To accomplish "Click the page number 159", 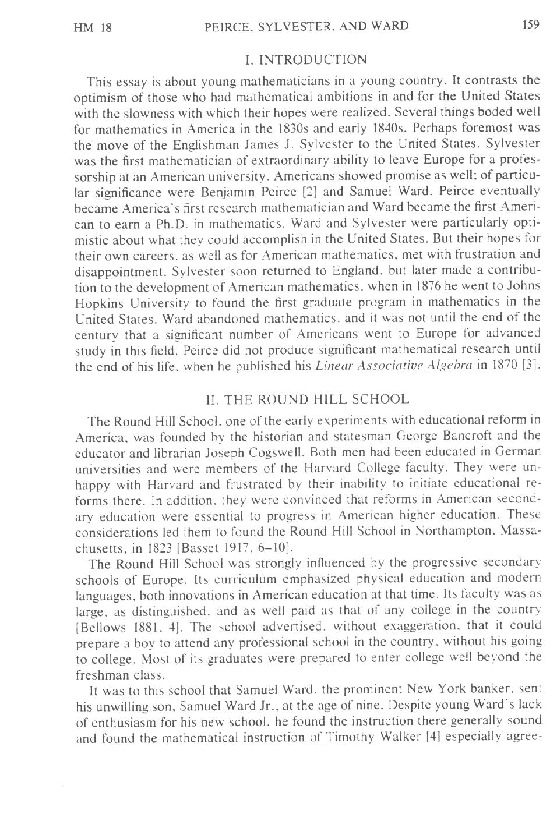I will pos(531,25).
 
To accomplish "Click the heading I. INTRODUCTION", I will pos(306,60).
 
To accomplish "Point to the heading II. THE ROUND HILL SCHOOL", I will pos(306,399).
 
